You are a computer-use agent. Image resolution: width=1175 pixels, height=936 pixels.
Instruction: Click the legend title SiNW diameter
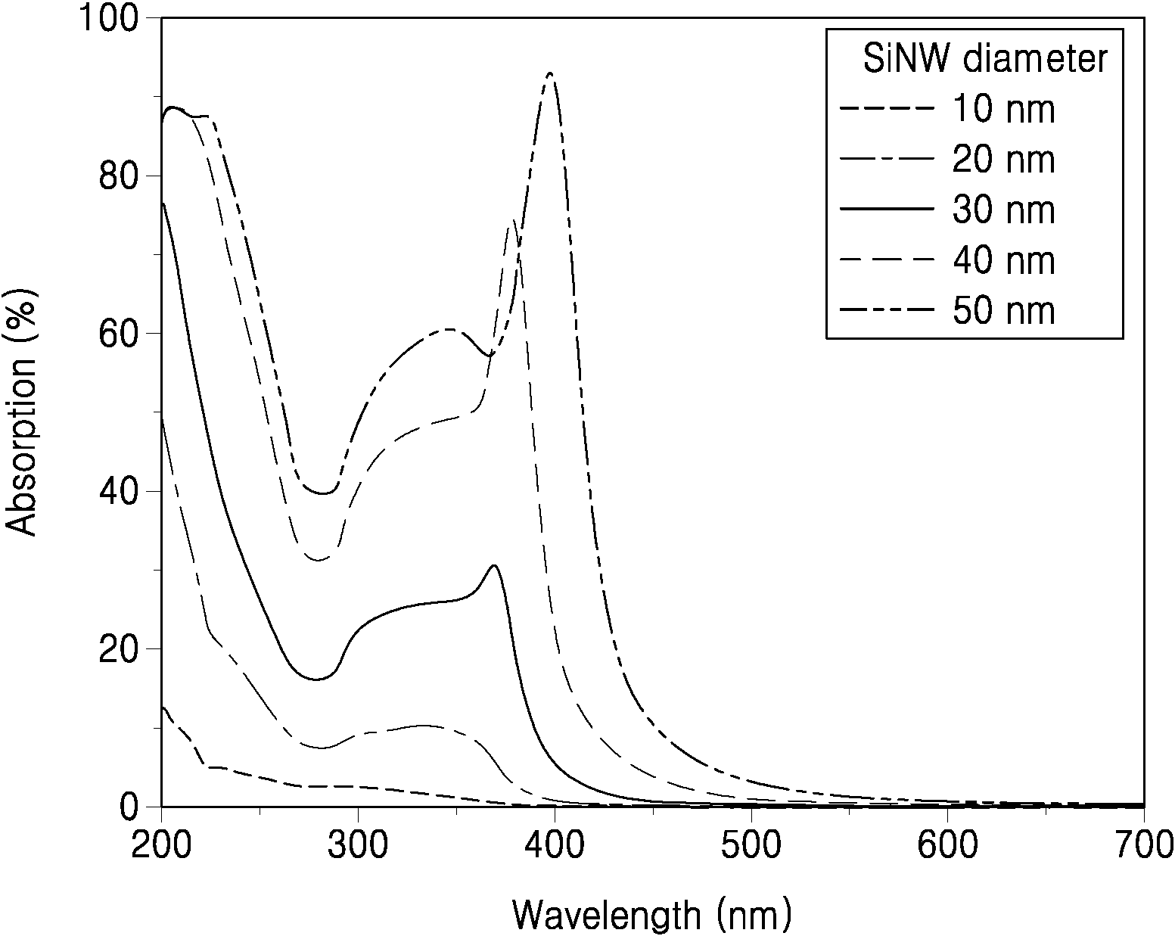pos(985,59)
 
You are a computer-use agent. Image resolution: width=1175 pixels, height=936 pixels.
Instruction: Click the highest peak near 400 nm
pos(550,73)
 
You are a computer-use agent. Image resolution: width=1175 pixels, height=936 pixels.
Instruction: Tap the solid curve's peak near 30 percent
pos(494,566)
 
